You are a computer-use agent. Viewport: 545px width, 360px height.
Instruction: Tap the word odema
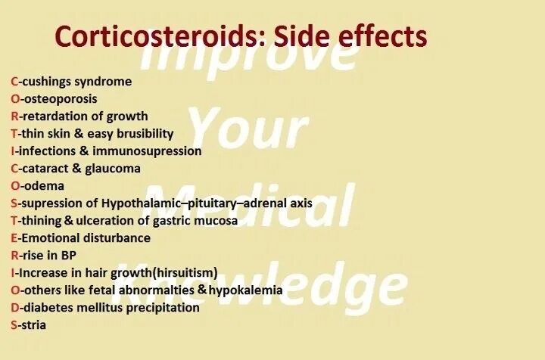click(x=43, y=185)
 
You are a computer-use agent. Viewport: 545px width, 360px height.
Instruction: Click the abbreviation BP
click(x=68, y=255)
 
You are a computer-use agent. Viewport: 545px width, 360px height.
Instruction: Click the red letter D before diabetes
click(x=14, y=307)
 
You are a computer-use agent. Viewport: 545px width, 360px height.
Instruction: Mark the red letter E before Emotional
click(x=14, y=237)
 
